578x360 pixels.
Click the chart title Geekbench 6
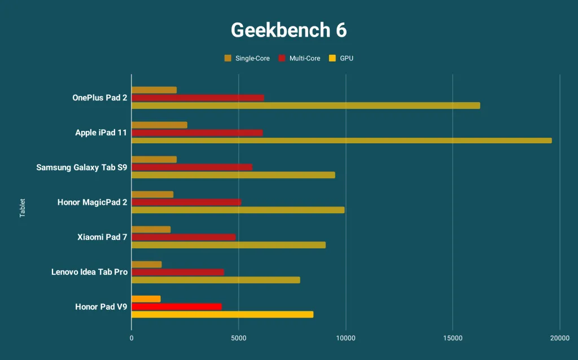point(288,30)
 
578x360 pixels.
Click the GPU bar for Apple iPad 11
point(341,141)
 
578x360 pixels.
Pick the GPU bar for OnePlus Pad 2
point(305,106)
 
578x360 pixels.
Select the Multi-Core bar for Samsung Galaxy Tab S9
point(192,167)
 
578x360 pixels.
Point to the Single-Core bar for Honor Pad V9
point(146,299)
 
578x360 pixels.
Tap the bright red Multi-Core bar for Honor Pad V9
point(177,307)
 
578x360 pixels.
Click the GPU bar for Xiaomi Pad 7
point(229,245)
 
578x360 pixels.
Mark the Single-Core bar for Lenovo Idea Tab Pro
point(147,265)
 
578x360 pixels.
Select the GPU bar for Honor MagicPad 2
point(238,210)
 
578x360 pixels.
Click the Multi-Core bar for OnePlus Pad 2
point(198,98)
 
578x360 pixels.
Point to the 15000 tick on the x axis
point(453,339)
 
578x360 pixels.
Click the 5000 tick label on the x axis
point(239,339)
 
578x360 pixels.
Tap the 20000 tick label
point(559,339)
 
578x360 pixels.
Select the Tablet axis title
point(23,208)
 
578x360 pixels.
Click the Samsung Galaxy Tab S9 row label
point(81,168)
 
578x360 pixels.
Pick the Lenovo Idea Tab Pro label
point(89,272)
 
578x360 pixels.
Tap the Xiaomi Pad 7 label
point(102,237)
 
